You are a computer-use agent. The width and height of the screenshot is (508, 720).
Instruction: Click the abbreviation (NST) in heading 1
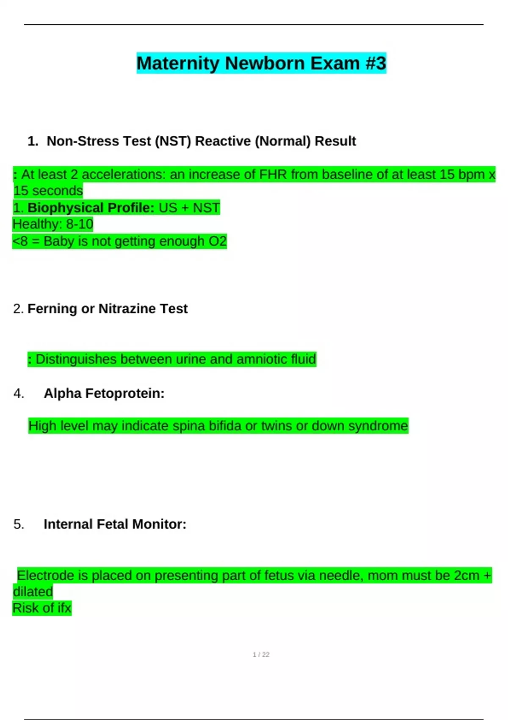173,141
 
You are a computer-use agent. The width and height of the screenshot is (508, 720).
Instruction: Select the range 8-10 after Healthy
80,224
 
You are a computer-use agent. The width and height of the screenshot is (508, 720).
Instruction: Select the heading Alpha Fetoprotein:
104,393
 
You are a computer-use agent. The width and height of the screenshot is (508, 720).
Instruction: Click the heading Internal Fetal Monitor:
115,524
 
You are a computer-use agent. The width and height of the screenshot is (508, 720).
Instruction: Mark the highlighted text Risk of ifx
42,608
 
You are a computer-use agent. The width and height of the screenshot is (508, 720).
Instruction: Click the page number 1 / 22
261,655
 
